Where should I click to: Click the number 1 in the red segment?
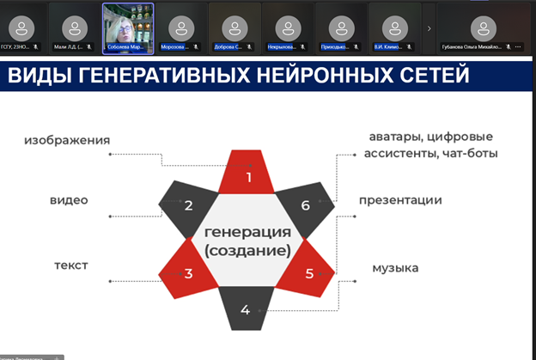(248, 178)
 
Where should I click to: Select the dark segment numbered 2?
(187, 205)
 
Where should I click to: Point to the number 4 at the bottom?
(245, 309)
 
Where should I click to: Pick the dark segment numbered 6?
(305, 205)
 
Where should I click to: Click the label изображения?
(67, 139)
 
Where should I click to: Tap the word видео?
(69, 200)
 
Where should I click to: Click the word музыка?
(395, 268)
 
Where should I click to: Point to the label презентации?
(400, 200)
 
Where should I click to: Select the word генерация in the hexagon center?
(247, 232)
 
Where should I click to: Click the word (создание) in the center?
(247, 250)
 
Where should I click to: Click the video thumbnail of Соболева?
(129, 26)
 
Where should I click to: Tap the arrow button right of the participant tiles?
(429, 27)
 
